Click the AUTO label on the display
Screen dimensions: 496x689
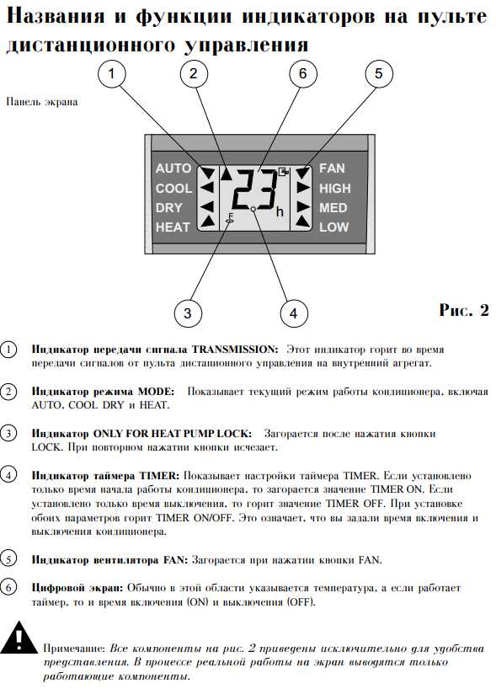173,168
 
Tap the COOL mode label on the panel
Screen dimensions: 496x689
174,189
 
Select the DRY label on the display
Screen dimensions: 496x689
168,208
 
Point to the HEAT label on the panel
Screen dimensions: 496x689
173,227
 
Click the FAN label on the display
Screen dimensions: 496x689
332,168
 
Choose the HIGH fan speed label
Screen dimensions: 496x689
335,189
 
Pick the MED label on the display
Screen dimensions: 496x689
333,208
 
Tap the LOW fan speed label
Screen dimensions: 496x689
334,227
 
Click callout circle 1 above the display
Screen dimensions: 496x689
112,73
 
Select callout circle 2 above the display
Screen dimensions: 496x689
194,73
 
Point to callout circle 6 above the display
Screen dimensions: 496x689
302,73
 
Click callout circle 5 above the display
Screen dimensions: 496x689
379,73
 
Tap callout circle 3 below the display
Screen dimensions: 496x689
188,313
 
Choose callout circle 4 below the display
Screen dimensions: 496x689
294,313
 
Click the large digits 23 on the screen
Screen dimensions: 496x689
255,189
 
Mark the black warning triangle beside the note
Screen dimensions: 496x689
19,637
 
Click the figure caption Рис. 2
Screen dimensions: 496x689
464,310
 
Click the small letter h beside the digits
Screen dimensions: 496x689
280,212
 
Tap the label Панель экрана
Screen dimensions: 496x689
42,102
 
